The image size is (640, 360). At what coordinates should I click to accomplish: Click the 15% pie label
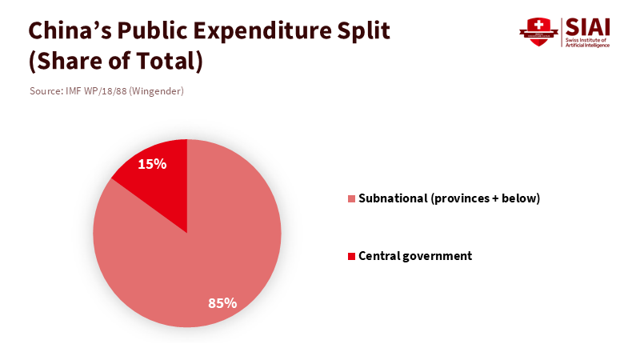(x=152, y=164)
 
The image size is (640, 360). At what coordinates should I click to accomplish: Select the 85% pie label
(x=222, y=303)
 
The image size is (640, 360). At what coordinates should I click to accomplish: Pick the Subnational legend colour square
(x=351, y=198)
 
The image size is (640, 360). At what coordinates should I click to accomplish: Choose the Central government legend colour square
(x=351, y=256)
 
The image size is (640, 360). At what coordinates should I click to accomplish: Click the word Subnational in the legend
(x=393, y=198)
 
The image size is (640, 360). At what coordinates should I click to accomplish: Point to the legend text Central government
(x=415, y=256)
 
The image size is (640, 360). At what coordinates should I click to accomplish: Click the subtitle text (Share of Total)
(x=115, y=61)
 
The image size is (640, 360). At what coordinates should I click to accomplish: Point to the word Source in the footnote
(x=46, y=91)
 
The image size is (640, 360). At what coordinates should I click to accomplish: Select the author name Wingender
(x=158, y=91)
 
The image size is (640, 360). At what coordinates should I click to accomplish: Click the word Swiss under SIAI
(x=574, y=40)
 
